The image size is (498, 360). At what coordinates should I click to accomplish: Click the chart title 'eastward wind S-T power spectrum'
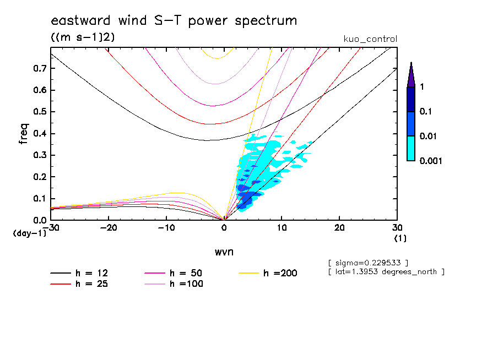pos(174,21)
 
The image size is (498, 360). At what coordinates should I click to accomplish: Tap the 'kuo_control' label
pos(370,39)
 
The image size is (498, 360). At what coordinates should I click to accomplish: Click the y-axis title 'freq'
pos(23,134)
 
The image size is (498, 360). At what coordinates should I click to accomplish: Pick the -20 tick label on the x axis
pos(109,227)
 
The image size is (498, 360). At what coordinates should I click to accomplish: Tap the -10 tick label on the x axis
pos(166,227)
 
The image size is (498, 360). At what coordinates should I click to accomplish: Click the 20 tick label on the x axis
pos(339,227)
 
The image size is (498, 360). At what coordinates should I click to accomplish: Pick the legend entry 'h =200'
pos(280,273)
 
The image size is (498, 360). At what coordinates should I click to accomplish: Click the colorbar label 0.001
pos(431,161)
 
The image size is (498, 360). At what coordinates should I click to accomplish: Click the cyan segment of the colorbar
pos(411,148)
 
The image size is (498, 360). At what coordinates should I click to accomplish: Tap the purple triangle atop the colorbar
pos(411,76)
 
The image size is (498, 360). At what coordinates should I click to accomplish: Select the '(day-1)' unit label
pos(29,233)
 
